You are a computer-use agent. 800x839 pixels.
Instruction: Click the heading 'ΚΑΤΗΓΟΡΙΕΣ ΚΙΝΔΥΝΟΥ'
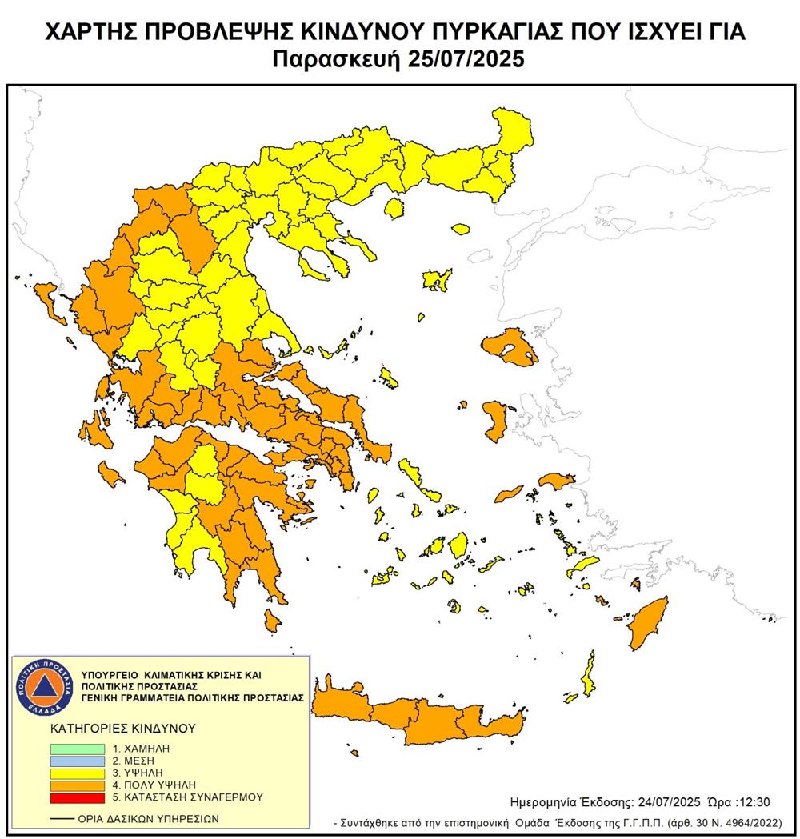coord(112,729)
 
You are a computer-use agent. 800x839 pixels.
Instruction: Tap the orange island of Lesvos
coord(509,346)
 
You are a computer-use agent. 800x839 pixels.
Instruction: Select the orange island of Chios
coord(494,421)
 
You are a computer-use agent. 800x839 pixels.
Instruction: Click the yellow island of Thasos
coord(393,209)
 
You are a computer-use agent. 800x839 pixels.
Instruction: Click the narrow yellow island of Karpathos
coord(590,674)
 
